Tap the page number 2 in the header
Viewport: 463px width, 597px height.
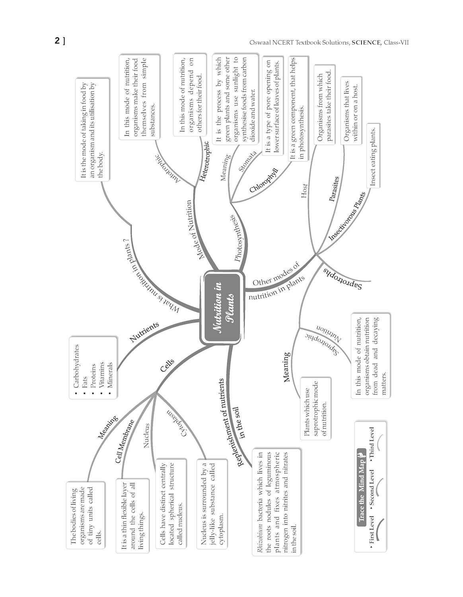57,41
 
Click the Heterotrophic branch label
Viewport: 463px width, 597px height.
204,161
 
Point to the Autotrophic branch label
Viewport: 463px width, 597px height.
168,168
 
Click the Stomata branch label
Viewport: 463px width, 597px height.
247,161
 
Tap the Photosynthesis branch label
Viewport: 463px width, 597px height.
235,238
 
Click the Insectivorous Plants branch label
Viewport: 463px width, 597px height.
347,216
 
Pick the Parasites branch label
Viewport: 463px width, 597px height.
334,189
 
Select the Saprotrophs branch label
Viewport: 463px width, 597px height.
342,279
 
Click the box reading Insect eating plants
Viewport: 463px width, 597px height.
373,156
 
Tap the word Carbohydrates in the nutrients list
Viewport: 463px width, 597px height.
76,366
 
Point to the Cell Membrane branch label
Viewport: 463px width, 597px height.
125,441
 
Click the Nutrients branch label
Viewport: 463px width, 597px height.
144,332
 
